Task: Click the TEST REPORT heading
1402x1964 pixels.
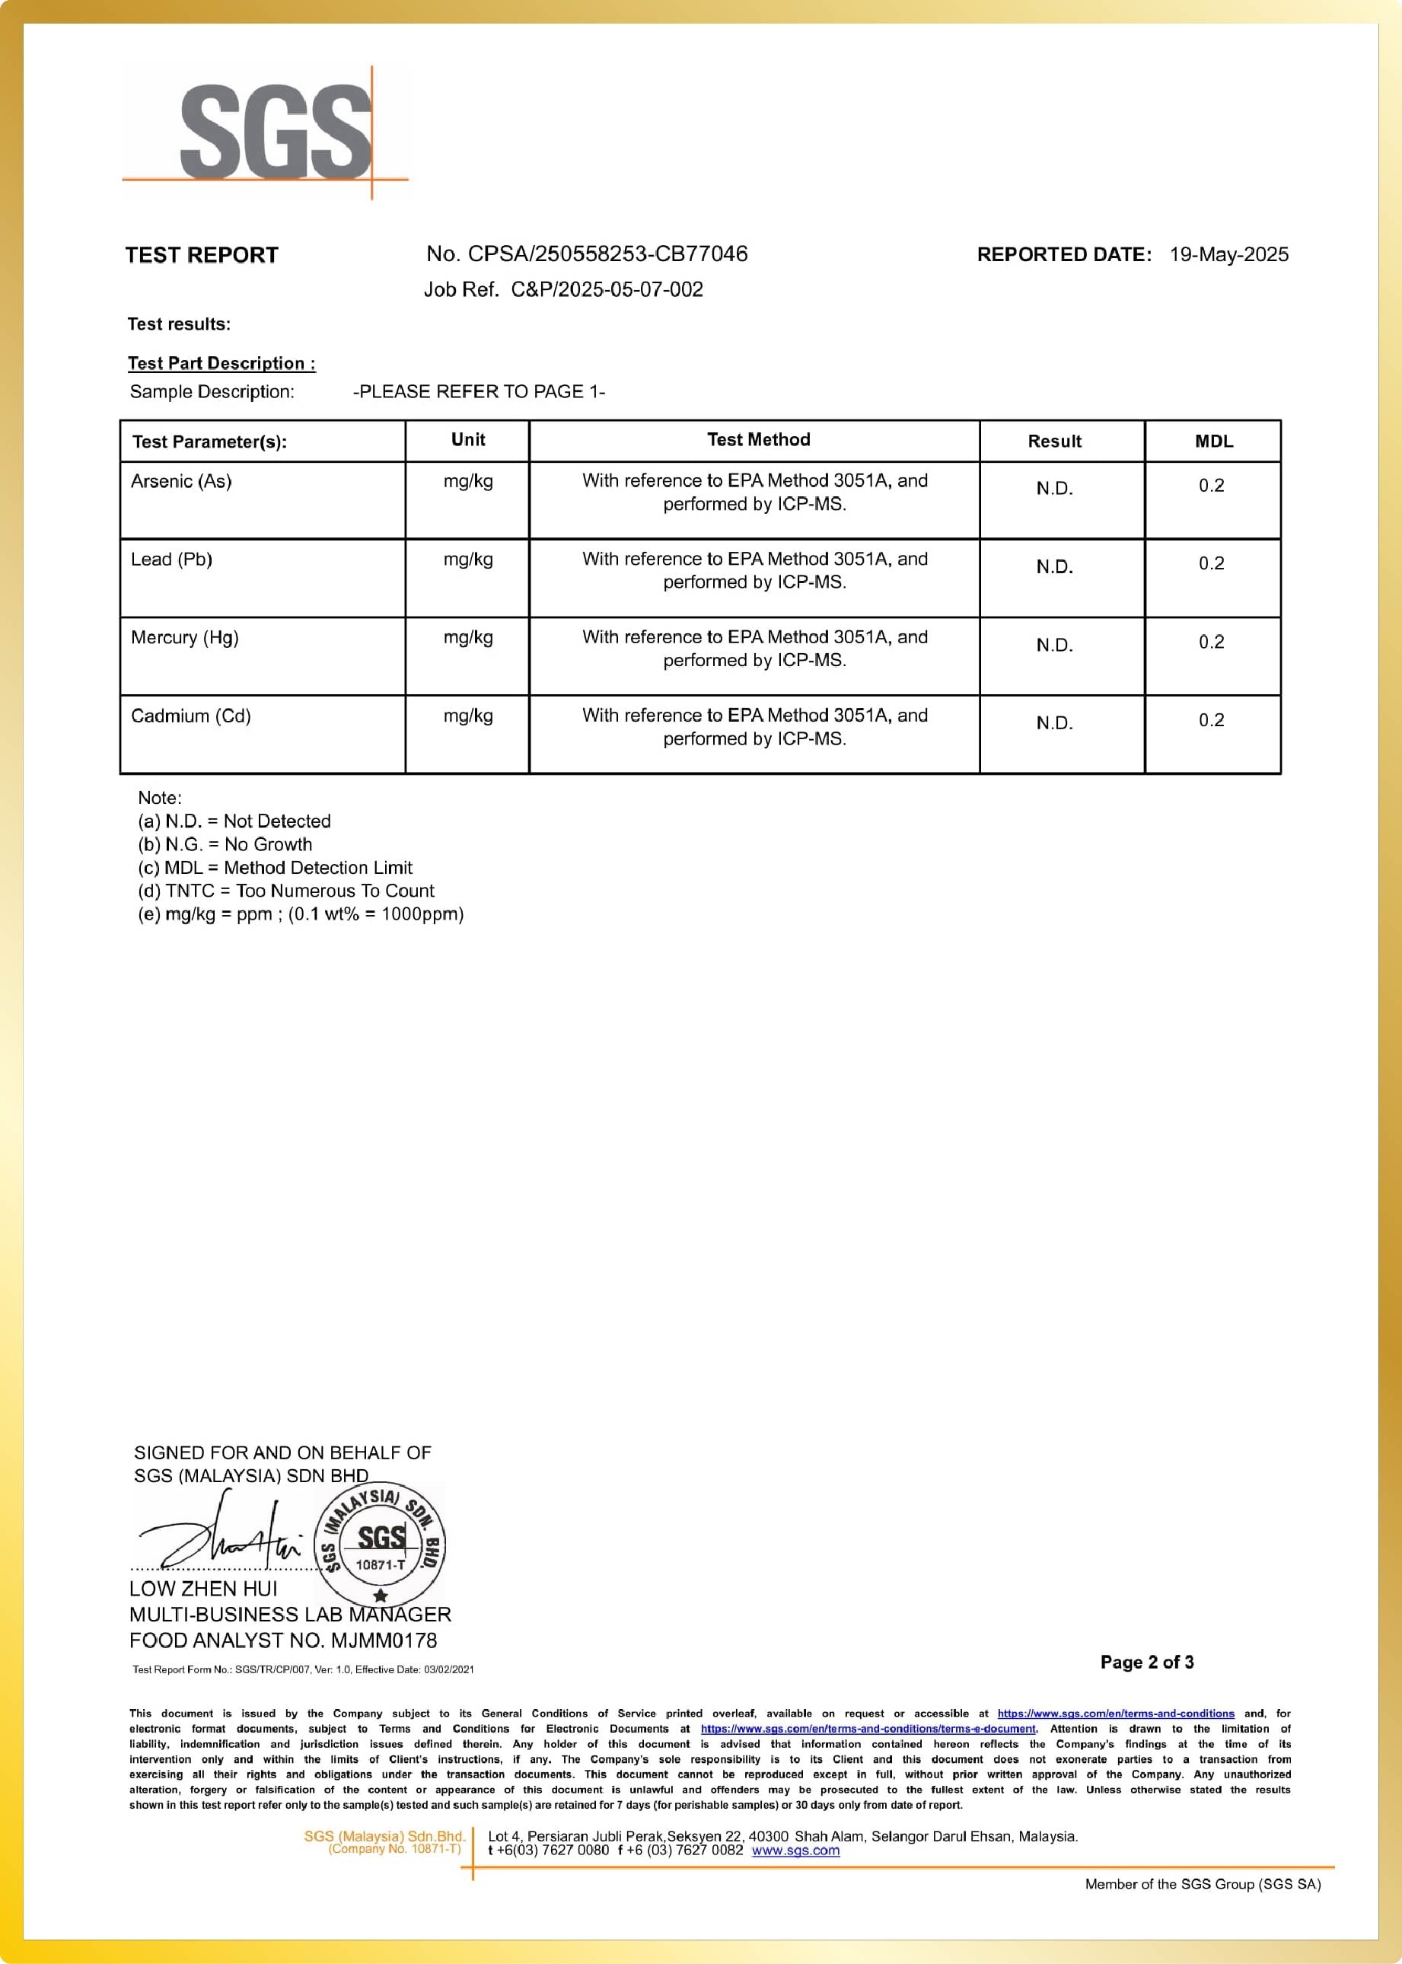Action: pyautogui.click(x=201, y=255)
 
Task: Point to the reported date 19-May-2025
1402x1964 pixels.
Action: pyautogui.click(x=1228, y=255)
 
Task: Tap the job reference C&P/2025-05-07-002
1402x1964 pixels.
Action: pyautogui.click(x=607, y=289)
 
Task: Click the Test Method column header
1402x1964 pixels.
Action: pyautogui.click(x=758, y=440)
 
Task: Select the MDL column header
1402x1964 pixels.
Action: pyautogui.click(x=1213, y=442)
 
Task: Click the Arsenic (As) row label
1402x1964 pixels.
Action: pyautogui.click(x=181, y=482)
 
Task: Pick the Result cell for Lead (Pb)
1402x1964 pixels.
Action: pyautogui.click(x=1054, y=567)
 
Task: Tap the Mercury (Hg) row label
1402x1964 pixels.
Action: pyautogui.click(x=185, y=638)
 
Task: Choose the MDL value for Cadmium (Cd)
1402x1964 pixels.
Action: pyautogui.click(x=1210, y=721)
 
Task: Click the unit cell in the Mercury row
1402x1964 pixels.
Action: pyautogui.click(x=468, y=638)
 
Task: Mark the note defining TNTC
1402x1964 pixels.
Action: pyautogui.click(x=285, y=891)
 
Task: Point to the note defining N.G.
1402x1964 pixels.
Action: pyautogui.click(x=225, y=844)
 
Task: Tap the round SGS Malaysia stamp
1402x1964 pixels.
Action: pyautogui.click(x=380, y=1544)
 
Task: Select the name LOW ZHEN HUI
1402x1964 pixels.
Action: pyautogui.click(x=204, y=1589)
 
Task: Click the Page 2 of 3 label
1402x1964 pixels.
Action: pyautogui.click(x=1146, y=1662)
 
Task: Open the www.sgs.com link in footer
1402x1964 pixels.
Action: pyautogui.click(x=795, y=1850)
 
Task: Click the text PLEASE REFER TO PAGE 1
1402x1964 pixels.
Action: pyautogui.click(x=480, y=392)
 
